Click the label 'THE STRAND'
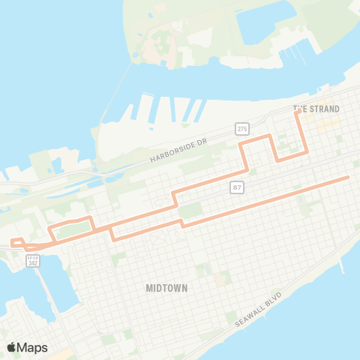[x=316, y=109]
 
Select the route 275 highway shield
[x=241, y=129]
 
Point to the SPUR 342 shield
[x=32, y=259]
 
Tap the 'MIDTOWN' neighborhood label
[x=167, y=287]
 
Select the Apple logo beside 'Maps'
[x=12, y=347]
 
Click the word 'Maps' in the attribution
[x=34, y=347]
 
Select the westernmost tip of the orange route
[x=12, y=241]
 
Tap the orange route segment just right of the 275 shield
[x=259, y=136]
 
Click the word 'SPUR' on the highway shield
[x=32, y=256]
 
